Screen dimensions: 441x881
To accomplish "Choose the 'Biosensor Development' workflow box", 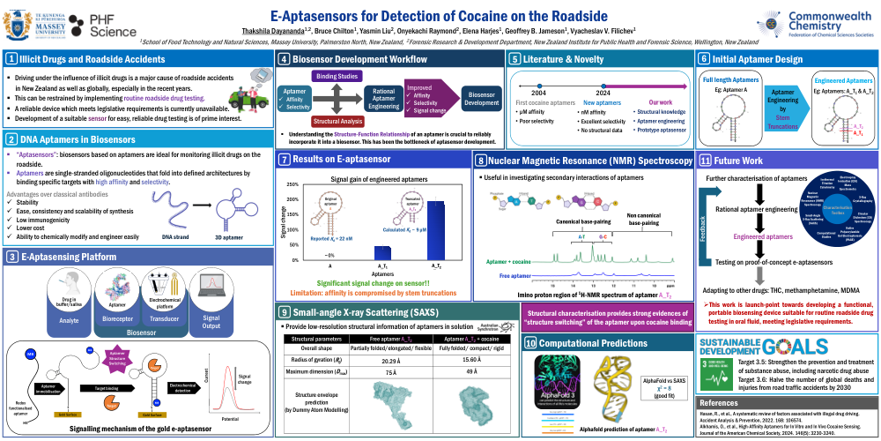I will click(x=481, y=98).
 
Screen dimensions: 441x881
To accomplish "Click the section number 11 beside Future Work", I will click(x=705, y=161).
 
